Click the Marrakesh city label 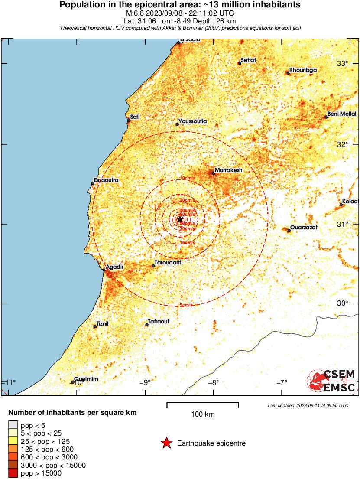(228, 170)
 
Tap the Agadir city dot (104, 270)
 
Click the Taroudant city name (168, 263)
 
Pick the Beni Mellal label (341, 114)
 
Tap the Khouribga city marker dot (288, 73)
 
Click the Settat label (248, 60)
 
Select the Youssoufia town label (193, 121)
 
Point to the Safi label (135, 117)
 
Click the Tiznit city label (103, 323)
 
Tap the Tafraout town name (159, 322)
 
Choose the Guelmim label (86, 379)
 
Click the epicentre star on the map (180, 219)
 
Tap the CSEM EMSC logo (331, 381)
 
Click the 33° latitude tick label (343, 64)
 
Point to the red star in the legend (166, 443)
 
